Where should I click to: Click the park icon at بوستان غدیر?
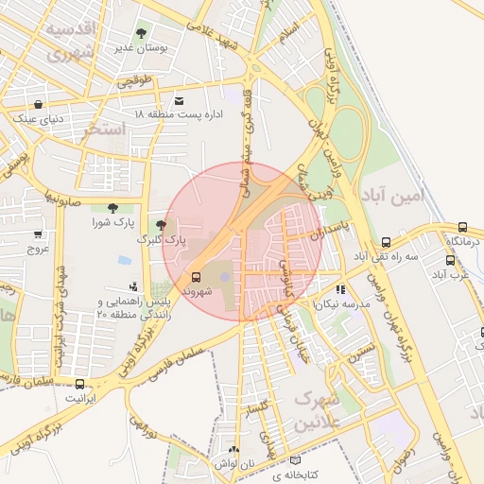click(142, 32)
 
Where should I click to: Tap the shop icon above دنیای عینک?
click(38, 105)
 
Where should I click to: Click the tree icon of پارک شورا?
click(113, 208)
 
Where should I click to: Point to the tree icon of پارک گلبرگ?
click(161, 225)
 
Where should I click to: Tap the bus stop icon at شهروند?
click(196, 277)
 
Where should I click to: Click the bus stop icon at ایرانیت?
click(79, 384)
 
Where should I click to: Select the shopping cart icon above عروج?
click(38, 234)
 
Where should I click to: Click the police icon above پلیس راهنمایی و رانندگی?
click(132, 285)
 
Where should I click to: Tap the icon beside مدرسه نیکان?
click(339, 289)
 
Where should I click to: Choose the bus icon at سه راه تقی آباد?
click(386, 243)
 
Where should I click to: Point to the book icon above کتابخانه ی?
click(295, 460)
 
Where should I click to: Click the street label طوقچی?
click(135, 81)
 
